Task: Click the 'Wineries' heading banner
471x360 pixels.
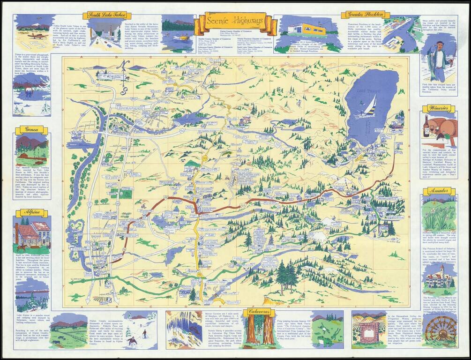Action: pyautogui.click(x=438, y=109)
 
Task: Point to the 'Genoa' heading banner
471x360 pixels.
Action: pyautogui.click(x=31, y=130)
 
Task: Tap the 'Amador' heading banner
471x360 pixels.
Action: pyautogui.click(x=438, y=191)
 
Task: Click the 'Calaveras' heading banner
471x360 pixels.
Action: pyautogui.click(x=261, y=311)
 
